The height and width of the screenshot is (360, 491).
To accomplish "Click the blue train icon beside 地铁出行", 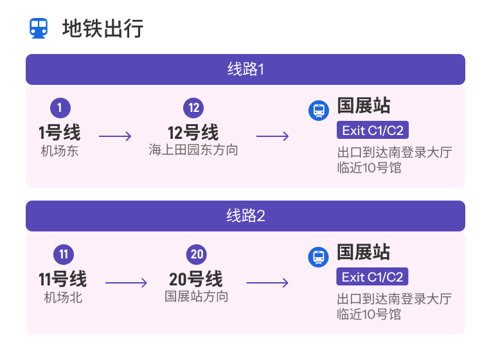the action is coord(39,28).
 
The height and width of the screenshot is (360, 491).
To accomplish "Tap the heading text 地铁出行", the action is coord(103,28).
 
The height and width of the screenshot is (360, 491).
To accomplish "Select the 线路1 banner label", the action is coord(245,69).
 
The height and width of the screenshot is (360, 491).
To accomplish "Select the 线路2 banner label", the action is coord(245,216).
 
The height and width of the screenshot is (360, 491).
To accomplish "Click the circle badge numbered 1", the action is coord(60,108).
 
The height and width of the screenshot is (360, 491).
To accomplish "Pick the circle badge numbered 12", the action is coord(193,108).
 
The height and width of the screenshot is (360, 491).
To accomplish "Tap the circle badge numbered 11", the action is coord(64,255).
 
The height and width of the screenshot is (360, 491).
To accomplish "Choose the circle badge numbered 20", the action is coord(197,255).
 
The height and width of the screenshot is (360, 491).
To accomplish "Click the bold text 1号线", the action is coord(60,132).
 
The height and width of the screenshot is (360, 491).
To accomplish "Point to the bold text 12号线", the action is coord(193,132).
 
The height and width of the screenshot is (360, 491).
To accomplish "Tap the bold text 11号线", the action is coord(62,279).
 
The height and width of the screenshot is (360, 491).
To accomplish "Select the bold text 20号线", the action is coord(196,279).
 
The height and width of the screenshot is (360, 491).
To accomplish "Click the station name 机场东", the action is coord(60,151).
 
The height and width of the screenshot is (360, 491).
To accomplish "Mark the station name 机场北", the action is coord(63,298).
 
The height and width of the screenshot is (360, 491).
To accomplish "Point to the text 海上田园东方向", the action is coord(193,150).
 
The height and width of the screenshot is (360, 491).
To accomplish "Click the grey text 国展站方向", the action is coord(197,296).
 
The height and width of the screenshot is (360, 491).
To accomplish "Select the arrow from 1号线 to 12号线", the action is coord(115,136).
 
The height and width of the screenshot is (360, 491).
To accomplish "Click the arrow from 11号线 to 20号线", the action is coord(126,283).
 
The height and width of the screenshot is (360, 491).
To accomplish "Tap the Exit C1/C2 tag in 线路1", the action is coord(373,130).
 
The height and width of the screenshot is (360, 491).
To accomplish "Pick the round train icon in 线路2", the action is coord(319,257).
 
